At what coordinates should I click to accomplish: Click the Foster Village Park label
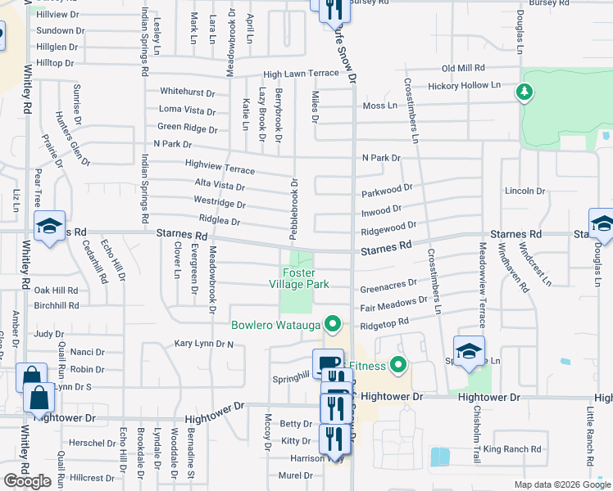(x=306, y=278)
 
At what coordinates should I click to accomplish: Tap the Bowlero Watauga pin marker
(x=332, y=325)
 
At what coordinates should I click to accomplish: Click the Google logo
(x=27, y=481)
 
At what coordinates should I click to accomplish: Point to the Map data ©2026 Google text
(x=562, y=484)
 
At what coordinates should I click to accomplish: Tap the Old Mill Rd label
(x=464, y=68)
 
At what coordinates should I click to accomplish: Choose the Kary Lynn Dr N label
(x=204, y=345)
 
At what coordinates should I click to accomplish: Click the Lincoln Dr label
(x=525, y=191)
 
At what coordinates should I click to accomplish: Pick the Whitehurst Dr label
(x=188, y=93)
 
